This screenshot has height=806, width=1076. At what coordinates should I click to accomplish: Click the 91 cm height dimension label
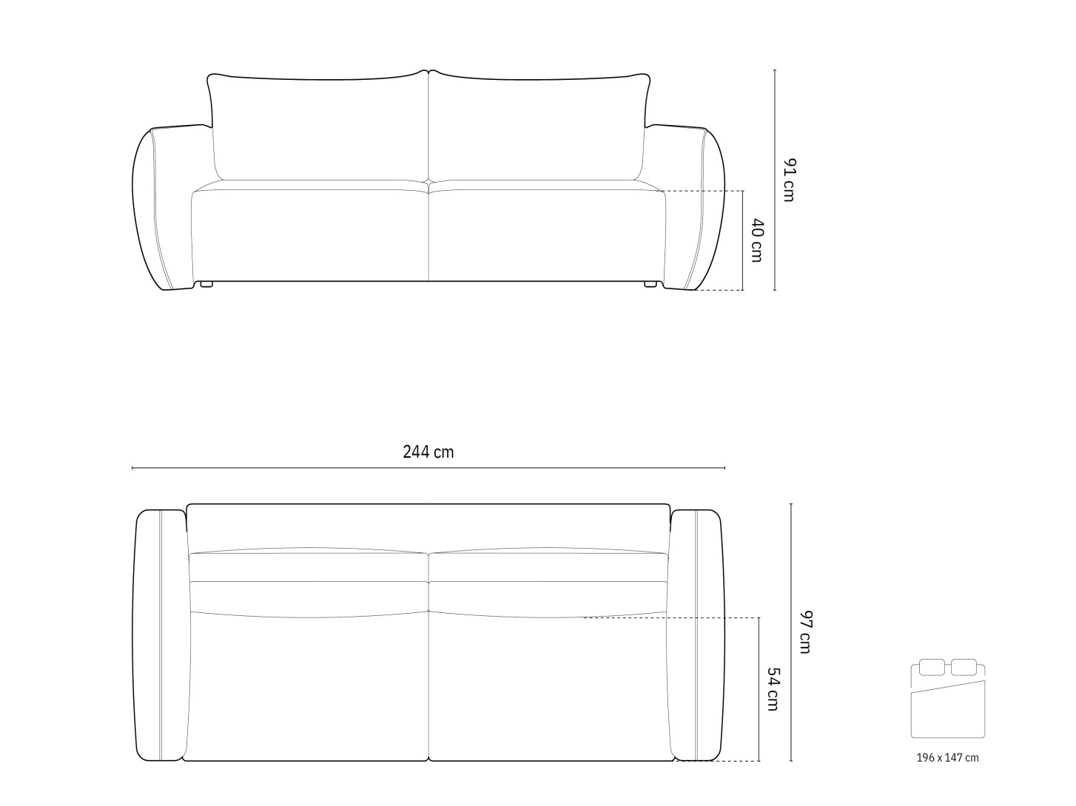(x=789, y=180)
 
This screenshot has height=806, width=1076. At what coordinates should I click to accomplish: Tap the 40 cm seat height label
(x=757, y=240)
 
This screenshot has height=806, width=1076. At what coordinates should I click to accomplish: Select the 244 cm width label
(x=428, y=452)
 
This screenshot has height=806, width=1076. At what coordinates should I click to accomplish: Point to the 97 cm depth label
(x=805, y=631)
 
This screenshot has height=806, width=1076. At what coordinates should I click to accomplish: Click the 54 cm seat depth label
(x=773, y=689)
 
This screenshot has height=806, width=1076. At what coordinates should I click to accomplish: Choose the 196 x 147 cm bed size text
(x=947, y=758)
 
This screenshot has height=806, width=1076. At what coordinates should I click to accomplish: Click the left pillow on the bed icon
(x=932, y=667)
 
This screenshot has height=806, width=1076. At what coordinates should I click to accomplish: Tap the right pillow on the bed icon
(x=964, y=667)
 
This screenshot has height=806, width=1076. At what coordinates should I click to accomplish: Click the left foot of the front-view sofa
(x=206, y=283)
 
